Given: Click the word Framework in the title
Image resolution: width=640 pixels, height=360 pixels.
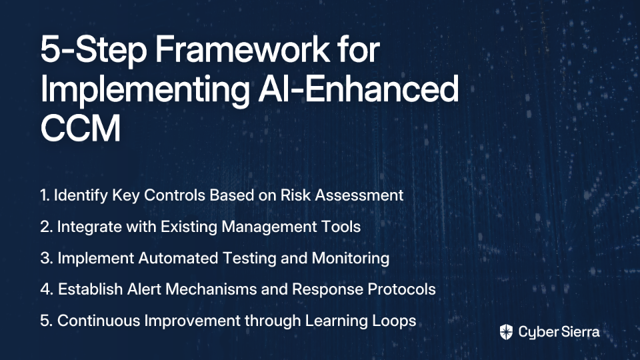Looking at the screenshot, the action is (x=242, y=49).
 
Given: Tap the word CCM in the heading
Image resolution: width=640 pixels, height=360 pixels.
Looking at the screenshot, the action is (x=81, y=128).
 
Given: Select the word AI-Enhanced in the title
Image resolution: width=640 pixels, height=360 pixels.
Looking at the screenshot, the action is (x=359, y=89).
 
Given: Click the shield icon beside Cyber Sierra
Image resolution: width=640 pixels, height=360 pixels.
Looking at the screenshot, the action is (x=506, y=332).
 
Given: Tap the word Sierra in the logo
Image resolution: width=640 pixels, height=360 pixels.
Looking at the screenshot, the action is (x=579, y=331).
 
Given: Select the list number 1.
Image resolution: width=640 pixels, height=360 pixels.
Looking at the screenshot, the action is (x=45, y=195).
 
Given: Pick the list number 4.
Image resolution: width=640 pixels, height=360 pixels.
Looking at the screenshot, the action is (x=47, y=289).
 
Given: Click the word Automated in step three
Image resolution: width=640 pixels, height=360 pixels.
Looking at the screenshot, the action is (x=172, y=259).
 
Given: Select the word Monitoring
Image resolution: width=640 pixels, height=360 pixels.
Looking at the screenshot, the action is (x=351, y=259).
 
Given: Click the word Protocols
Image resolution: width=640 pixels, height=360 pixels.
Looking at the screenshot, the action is (x=401, y=289).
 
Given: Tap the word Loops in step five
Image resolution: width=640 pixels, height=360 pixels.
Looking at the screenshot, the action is (x=394, y=321).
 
